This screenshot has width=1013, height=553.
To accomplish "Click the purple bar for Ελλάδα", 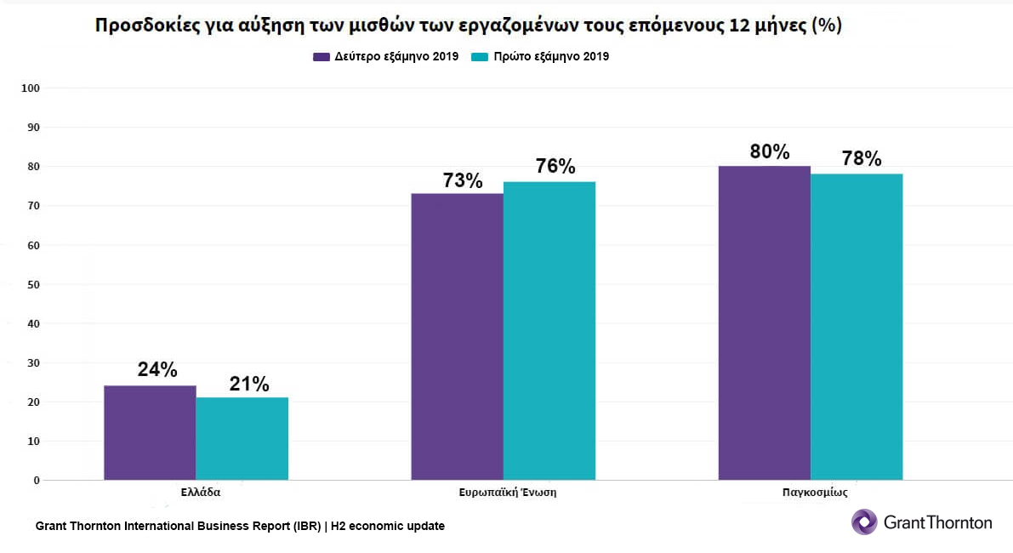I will click(150, 433).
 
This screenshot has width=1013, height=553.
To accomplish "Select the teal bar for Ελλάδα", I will click(242, 439).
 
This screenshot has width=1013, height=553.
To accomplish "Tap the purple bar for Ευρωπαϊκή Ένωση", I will click(457, 337).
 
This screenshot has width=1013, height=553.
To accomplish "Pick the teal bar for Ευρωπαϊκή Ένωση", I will click(549, 331).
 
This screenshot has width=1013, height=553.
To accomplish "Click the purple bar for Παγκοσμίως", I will click(764, 323).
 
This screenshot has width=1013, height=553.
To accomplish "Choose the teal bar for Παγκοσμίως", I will click(856, 327).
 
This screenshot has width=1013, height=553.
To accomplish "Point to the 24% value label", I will click(157, 370).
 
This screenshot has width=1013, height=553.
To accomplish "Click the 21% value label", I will click(249, 385).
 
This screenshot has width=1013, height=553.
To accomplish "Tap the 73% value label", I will click(463, 181).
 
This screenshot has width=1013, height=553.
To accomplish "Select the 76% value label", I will click(555, 167).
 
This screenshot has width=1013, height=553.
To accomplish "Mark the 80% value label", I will click(770, 151).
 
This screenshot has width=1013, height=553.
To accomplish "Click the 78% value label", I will click(862, 159).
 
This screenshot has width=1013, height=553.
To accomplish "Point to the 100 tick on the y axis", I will click(31, 88).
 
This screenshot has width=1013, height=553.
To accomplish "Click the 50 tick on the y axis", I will click(34, 284).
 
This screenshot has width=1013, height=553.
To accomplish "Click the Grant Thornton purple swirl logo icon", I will click(864, 522).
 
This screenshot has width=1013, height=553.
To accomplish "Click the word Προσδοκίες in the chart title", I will click(143, 26).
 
